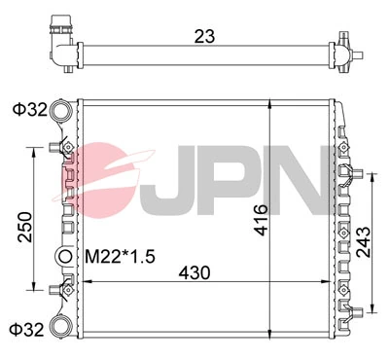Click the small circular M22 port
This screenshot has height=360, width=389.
point(65,257)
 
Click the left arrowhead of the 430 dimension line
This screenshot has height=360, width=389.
point(88,282)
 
